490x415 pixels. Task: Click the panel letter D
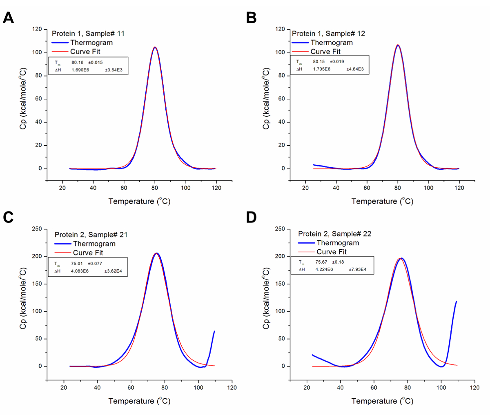tap(251, 217)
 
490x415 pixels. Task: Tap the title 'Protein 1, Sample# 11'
tap(88, 33)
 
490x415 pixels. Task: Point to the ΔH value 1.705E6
tap(322, 69)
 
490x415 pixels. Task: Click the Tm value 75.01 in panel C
tap(77, 264)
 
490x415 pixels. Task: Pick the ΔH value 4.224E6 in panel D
tap(324, 269)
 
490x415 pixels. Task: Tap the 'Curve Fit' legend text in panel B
tap(325, 51)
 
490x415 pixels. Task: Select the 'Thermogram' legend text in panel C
tap(94, 244)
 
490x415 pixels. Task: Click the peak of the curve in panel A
tap(155, 47)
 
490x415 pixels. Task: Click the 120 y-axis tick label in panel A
tap(37, 29)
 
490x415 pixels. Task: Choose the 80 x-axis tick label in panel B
tap(398, 188)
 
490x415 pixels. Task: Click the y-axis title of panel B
tap(266, 99)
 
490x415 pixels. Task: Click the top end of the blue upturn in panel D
tap(456, 302)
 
